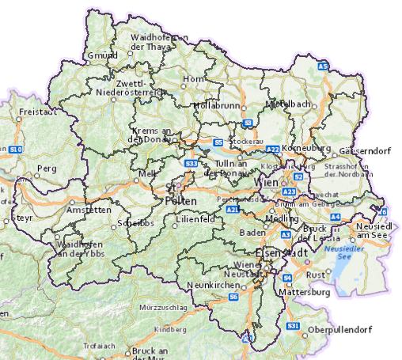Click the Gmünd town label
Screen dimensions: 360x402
coord(100,55)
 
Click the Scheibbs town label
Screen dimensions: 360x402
coord(133,223)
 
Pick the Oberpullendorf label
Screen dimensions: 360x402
coord(343,329)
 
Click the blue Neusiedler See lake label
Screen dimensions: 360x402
coord(338,252)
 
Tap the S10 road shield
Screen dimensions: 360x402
coord(17,149)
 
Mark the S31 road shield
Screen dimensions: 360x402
coord(294,326)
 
